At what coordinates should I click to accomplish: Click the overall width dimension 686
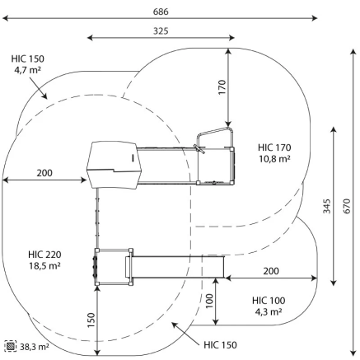coord(161,12)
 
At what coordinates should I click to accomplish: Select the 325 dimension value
coord(161,31)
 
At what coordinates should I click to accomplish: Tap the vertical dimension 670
coord(347,206)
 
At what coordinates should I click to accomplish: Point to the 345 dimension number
coord(327,206)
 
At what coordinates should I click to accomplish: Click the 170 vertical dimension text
coord(222,87)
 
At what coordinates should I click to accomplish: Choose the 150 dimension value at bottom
coord(91,320)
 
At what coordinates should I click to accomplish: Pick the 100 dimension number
coord(209,301)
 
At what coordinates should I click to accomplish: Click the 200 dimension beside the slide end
coord(271,271)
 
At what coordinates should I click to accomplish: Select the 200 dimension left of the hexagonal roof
coord(44,173)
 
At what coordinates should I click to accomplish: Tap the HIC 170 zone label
coord(274,147)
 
